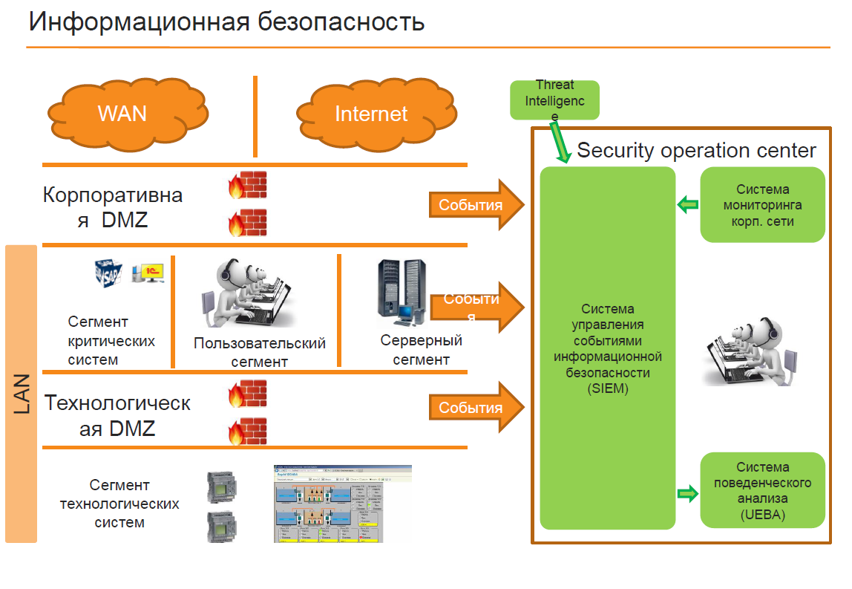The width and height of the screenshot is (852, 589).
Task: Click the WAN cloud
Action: (x=122, y=113)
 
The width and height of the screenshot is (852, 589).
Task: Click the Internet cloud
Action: (x=371, y=113)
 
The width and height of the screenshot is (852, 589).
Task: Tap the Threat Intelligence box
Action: (x=554, y=100)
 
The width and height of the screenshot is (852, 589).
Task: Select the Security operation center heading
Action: (x=696, y=151)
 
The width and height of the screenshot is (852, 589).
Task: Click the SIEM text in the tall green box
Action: (x=607, y=348)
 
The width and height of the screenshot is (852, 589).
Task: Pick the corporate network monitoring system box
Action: (x=762, y=205)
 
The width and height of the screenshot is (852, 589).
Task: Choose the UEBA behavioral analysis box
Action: (x=762, y=490)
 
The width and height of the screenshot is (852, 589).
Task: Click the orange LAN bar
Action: (x=21, y=394)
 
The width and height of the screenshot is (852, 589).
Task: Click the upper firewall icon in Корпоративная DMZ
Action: (x=247, y=185)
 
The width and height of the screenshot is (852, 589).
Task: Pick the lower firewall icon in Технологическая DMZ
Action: (x=247, y=431)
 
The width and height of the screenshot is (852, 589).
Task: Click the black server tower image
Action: (x=401, y=293)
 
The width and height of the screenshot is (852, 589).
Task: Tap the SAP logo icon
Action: (x=110, y=273)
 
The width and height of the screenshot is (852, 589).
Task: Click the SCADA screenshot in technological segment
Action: (x=342, y=504)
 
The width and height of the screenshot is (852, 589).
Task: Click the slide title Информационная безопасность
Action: (x=226, y=22)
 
